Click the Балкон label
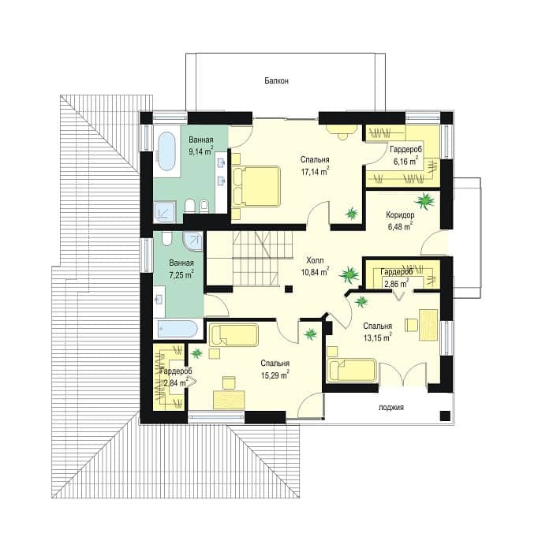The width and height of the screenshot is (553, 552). click(277, 80)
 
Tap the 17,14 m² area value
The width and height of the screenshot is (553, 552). click(315, 172)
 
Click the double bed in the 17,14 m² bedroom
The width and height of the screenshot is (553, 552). click(256, 186)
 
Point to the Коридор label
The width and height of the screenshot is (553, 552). click(400, 214)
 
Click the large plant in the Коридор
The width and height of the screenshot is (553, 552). click(425, 200)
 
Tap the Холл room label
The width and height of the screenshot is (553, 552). click(315, 261)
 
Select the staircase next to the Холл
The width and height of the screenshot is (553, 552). click(250, 258)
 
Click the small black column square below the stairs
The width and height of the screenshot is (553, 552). click(289, 289)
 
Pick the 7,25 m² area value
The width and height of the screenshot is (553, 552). click(181, 275)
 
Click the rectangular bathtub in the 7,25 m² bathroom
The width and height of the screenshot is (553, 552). click(177, 329)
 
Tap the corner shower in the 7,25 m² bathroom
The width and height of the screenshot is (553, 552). click(192, 241)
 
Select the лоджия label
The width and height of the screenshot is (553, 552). click(391, 408)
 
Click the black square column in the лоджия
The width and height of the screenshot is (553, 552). click(445, 416)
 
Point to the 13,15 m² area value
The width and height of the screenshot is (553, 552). click(377, 338)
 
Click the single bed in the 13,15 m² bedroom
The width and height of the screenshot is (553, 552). click(352, 370)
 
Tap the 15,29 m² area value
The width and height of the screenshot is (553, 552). click(275, 375)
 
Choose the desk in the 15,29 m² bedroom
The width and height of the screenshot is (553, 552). click(230, 399)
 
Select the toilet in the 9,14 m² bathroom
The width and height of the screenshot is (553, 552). click(190, 206)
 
